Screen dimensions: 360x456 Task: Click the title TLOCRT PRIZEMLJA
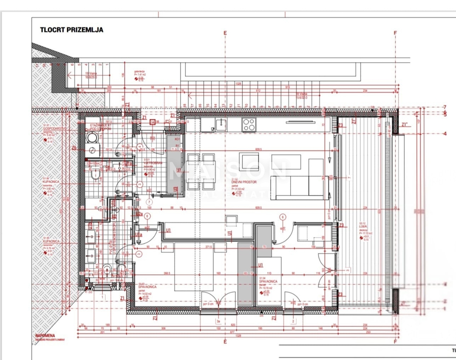click(x=71, y=30)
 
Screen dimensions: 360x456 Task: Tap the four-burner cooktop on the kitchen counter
click(x=249, y=124)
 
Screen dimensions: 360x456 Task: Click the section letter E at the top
click(x=225, y=33)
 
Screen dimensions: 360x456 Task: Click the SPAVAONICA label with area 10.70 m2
click(x=269, y=281)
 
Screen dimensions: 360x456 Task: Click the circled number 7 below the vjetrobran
click(x=149, y=201)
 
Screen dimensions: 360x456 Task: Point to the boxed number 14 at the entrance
click(x=152, y=122)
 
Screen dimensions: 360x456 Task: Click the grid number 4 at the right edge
click(x=445, y=133)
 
